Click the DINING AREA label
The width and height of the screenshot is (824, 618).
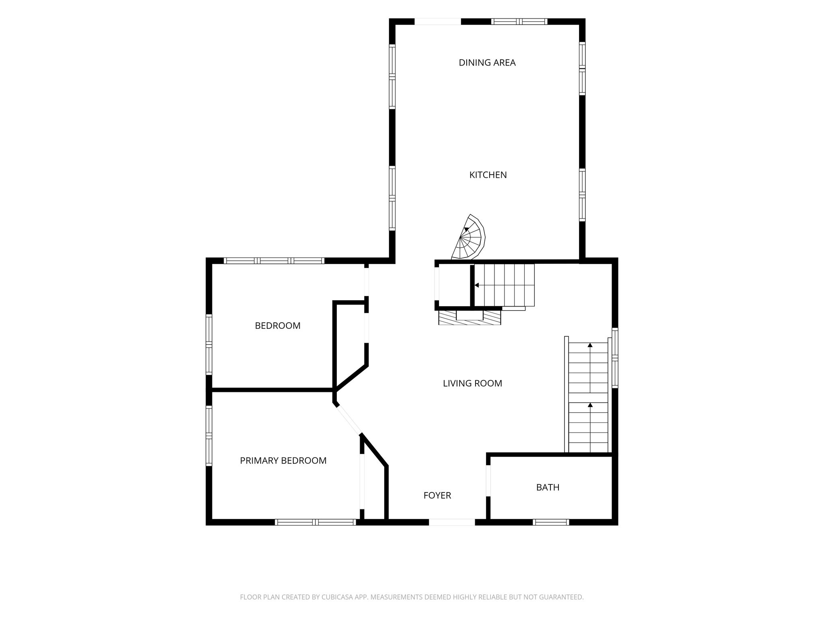[x=487, y=62]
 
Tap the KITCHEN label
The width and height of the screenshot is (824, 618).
[x=488, y=175]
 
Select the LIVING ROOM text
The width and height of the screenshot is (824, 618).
[x=472, y=383]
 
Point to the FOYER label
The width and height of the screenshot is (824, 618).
[x=437, y=495]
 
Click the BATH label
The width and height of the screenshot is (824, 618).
[x=548, y=487]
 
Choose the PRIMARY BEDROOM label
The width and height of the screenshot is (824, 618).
[x=283, y=461]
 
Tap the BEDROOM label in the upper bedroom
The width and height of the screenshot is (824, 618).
[x=278, y=325]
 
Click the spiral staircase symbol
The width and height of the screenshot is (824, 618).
[x=469, y=237]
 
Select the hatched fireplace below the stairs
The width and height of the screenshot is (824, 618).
[x=470, y=317]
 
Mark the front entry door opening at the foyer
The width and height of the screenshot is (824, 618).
[x=452, y=522]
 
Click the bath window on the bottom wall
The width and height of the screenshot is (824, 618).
[x=551, y=522]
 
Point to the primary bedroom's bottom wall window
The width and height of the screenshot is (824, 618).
[x=315, y=522]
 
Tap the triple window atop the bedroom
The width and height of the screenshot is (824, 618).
[x=274, y=261]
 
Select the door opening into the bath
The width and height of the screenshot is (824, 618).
[x=488, y=481]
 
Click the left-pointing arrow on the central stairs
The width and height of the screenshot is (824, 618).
[x=477, y=285]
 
